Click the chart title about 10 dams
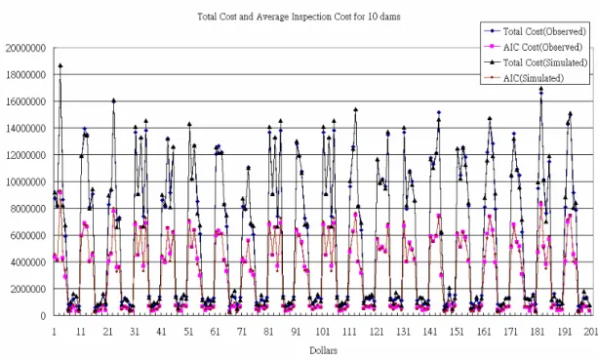click(299, 17)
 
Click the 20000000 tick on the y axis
click(26, 49)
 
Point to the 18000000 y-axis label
click(26, 75)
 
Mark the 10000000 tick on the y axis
click(26, 182)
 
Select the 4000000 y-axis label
click(28, 262)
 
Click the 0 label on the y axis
click(43, 316)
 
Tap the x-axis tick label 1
click(55, 332)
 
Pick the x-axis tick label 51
click(188, 332)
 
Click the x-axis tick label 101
click(323, 332)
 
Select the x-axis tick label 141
click(430, 332)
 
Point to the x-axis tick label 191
click(564, 332)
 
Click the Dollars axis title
click(324, 350)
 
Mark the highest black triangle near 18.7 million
click(60, 65)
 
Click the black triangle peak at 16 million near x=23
click(114, 100)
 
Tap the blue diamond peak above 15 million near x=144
click(439, 112)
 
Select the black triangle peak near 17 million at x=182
click(540, 89)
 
